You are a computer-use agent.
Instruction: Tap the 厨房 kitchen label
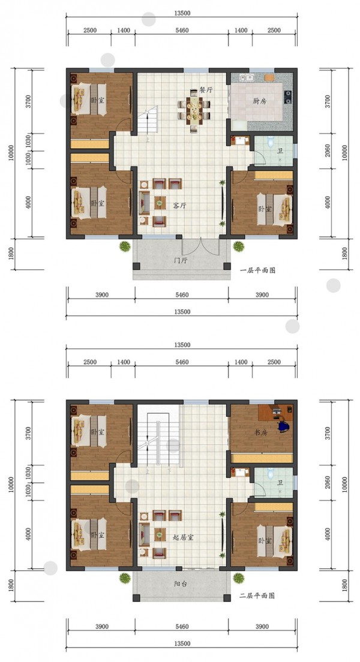pyautogui.click(x=259, y=101)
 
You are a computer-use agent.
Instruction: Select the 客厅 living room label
pyautogui.click(x=179, y=206)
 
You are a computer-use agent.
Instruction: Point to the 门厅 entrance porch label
pyautogui.click(x=181, y=260)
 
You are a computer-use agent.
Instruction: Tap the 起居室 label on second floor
pyautogui.click(x=184, y=537)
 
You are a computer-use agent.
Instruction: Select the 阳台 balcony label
pyautogui.click(x=181, y=584)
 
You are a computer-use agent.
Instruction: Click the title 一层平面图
pyautogui.click(x=257, y=270)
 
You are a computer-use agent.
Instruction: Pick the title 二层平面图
pyautogui.click(x=257, y=595)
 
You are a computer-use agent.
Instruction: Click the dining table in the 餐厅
pyautogui.click(x=194, y=112)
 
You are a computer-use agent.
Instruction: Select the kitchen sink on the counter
pyautogui.click(x=247, y=77)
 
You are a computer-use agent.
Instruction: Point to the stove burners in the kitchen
pyautogui.click(x=288, y=97)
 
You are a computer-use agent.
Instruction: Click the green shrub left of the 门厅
pyautogui.click(x=124, y=246)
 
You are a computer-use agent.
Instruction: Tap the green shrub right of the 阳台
pyautogui.click(x=239, y=577)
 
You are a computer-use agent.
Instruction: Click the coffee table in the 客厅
pyautogui.click(x=160, y=203)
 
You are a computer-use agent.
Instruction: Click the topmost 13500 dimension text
pyautogui.click(x=182, y=13)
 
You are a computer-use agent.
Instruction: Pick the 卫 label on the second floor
pyautogui.click(x=280, y=483)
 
